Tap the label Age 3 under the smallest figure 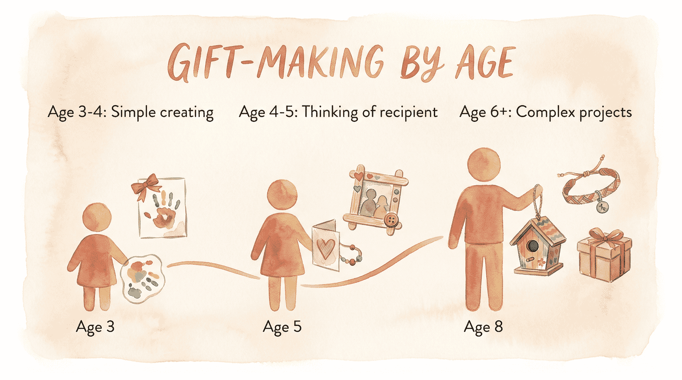(95, 327)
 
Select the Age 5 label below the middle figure (282, 327)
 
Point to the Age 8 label (483, 327)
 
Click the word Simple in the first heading (133, 112)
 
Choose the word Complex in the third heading (543, 112)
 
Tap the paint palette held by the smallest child (143, 278)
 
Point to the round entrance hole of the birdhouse (533, 245)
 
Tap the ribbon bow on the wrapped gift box (605, 236)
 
